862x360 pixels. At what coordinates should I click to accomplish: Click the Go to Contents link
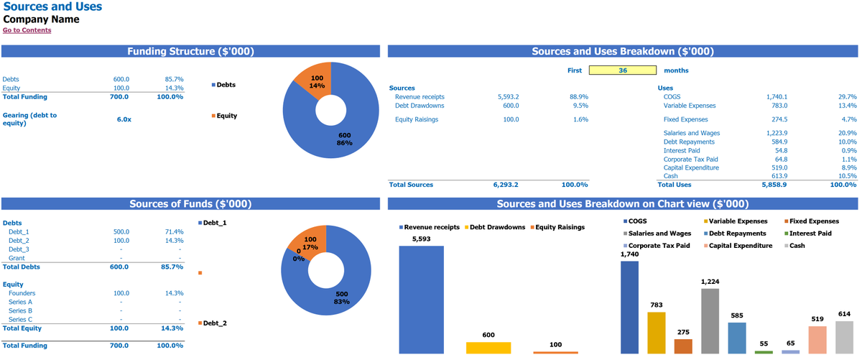pyautogui.click(x=27, y=30)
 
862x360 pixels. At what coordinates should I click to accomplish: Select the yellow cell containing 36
pyautogui.click(x=623, y=70)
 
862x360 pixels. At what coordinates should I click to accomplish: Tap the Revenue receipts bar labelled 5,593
pyautogui.click(x=421, y=299)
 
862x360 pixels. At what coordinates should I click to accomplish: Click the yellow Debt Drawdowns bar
pyautogui.click(x=488, y=348)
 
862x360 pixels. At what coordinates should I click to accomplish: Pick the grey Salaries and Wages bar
pyautogui.click(x=710, y=320)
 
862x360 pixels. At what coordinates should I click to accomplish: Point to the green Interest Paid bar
pyautogui.click(x=764, y=352)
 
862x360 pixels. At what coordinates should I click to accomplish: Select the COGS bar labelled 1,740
pyautogui.click(x=629, y=307)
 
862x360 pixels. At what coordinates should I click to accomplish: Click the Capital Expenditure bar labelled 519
pyautogui.click(x=817, y=339)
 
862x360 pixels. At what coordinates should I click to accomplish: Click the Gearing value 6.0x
pyautogui.click(x=124, y=119)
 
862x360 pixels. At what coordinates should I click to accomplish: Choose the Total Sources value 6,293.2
pyautogui.click(x=506, y=185)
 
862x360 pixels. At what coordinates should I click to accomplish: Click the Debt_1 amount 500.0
pyautogui.click(x=121, y=232)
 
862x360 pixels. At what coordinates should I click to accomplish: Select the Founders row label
pyautogui.click(x=22, y=293)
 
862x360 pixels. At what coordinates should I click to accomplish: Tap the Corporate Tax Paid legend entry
pyautogui.click(x=658, y=246)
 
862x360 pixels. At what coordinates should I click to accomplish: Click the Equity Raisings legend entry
pyautogui.click(x=560, y=227)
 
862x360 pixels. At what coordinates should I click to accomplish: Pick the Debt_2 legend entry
pyautogui.click(x=214, y=323)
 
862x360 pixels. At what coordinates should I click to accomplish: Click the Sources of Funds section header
pyautogui.click(x=190, y=204)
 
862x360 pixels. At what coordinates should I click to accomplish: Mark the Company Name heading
pyautogui.click(x=41, y=19)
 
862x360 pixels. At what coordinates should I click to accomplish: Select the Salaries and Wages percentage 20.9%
pyautogui.click(x=848, y=133)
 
